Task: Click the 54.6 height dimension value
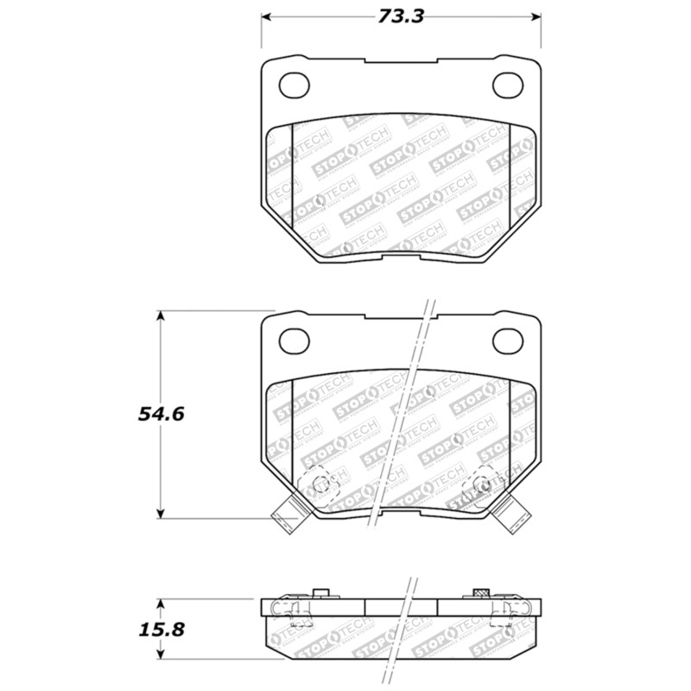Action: pos(161,414)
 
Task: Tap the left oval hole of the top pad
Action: pos(296,85)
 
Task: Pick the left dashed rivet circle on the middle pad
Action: pos(319,484)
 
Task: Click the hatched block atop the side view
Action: pos(482,593)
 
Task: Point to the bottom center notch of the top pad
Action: pos(401,256)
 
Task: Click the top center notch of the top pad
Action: pos(401,61)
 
